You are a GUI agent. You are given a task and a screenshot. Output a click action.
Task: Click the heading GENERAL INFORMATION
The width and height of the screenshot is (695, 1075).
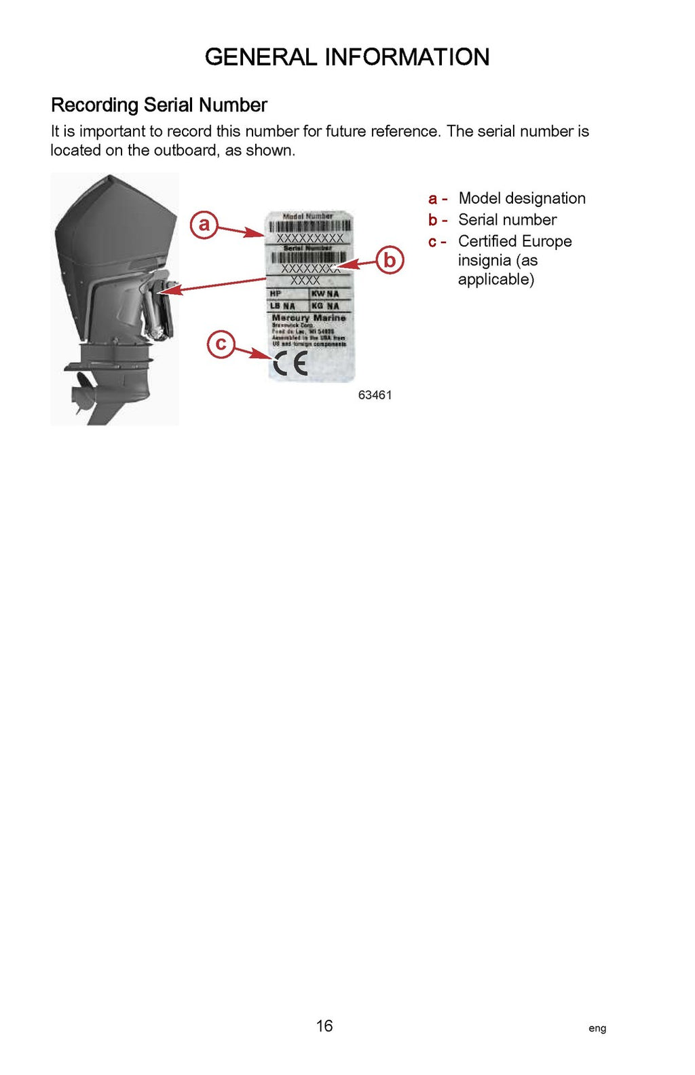click(347, 57)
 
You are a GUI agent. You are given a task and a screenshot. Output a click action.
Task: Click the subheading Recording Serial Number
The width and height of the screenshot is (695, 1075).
click(159, 105)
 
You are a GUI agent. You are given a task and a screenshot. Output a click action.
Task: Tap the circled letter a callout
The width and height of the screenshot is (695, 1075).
click(204, 224)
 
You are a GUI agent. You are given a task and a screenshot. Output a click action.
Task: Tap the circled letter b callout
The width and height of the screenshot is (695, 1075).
click(390, 260)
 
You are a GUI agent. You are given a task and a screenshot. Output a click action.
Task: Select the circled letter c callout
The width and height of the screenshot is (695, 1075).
click(221, 344)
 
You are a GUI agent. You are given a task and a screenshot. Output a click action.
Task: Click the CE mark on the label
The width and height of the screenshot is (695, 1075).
click(290, 365)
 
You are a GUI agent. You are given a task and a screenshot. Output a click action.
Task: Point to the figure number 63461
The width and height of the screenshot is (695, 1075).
click(375, 395)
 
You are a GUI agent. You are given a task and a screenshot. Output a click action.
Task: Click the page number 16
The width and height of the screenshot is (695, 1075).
click(324, 1025)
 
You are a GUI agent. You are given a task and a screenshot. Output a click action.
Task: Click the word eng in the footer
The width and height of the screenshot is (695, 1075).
click(597, 1028)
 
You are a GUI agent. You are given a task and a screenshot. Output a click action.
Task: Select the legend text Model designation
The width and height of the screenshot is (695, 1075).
click(521, 198)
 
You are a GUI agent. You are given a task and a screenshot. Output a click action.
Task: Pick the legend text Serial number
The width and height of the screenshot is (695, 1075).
click(507, 220)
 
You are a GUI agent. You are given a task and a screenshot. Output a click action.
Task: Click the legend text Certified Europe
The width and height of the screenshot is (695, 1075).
click(514, 242)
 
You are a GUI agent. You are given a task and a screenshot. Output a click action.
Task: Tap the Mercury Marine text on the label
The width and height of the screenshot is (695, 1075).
click(309, 318)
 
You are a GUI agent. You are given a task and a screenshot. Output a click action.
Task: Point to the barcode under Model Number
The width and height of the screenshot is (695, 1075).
click(309, 227)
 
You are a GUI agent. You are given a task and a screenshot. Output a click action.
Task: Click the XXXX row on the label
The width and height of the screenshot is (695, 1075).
click(305, 280)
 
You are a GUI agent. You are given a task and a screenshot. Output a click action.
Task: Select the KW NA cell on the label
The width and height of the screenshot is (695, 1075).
click(326, 294)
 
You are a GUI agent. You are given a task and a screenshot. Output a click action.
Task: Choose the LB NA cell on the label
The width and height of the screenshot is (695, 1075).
click(283, 306)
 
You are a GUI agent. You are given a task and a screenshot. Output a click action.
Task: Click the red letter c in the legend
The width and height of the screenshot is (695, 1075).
click(432, 242)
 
